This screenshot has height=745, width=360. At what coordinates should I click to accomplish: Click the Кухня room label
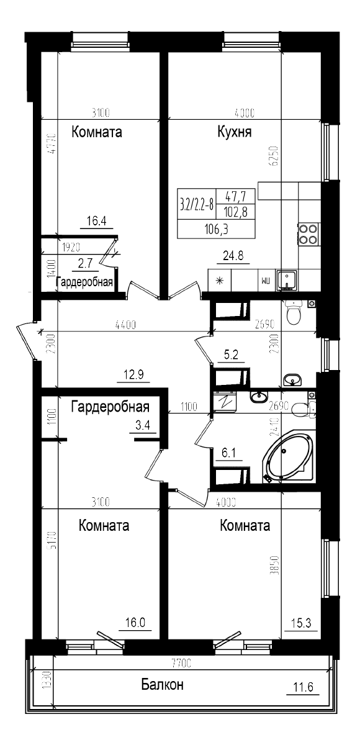click(x=234, y=132)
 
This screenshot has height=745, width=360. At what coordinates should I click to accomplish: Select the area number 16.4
click(x=97, y=220)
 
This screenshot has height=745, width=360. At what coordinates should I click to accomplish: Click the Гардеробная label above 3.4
click(x=110, y=407)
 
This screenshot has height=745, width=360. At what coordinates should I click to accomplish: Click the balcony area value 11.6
click(x=303, y=687)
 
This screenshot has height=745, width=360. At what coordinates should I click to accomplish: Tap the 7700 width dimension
click(x=181, y=664)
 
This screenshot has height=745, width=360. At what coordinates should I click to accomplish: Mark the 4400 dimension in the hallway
click(x=125, y=324)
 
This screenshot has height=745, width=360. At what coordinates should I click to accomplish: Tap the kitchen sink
click(x=287, y=280)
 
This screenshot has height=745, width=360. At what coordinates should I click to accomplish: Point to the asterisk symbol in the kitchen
click(x=218, y=280)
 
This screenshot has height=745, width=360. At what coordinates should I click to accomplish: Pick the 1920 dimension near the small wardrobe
click(x=72, y=246)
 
